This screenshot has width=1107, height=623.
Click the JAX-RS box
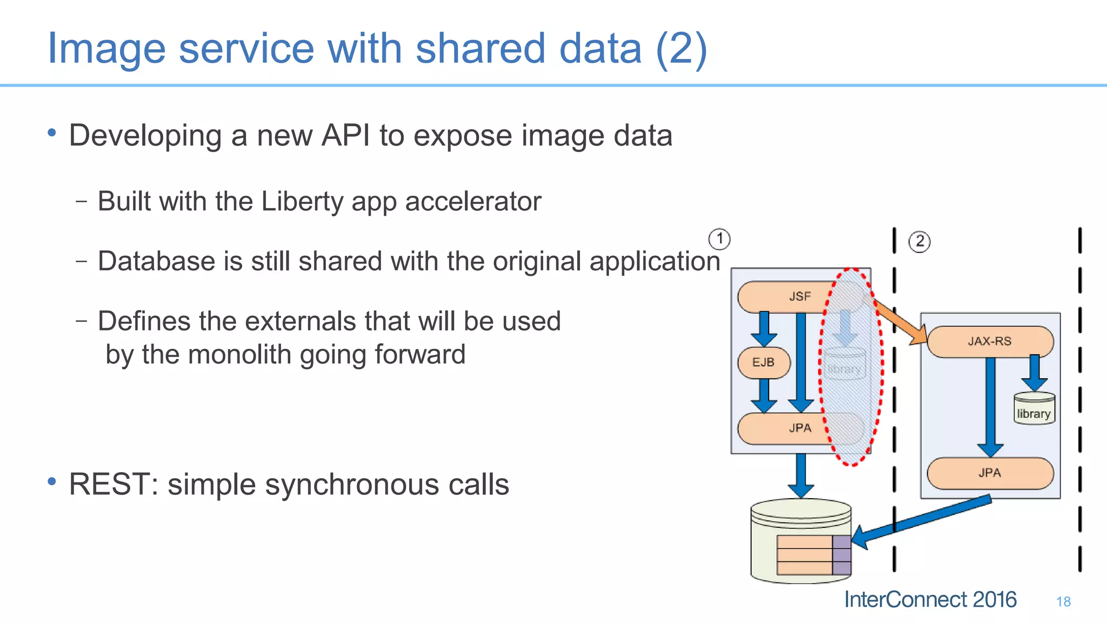[x=990, y=341]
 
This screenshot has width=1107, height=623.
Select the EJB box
[x=763, y=362]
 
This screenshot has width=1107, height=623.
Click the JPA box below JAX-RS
[x=990, y=473]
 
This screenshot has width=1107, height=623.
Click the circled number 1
[x=719, y=238]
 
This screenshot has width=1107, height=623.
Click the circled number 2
[x=919, y=241]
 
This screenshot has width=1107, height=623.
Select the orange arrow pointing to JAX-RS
[x=900, y=323]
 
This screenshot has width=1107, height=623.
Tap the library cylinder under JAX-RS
[x=1034, y=409]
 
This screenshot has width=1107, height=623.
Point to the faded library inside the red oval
[x=844, y=366]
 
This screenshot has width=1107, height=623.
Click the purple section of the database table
[x=842, y=555]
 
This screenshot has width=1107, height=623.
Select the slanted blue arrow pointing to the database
[x=924, y=519]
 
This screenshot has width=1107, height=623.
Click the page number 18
[x=1063, y=601]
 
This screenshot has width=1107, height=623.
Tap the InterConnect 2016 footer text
[x=930, y=599]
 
